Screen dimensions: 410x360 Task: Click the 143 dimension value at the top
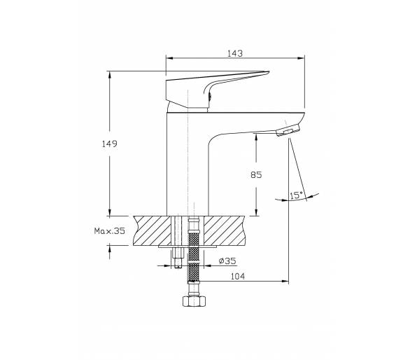[235, 53]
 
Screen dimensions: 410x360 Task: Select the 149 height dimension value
[110, 144]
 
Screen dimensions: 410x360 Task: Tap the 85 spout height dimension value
[256, 174]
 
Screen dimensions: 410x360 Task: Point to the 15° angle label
[296, 195]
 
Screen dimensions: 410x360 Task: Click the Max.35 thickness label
[110, 231]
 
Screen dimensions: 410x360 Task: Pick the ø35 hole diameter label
[227, 261]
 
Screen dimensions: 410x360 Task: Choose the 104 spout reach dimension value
[238, 276]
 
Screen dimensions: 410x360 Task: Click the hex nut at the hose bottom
[194, 301]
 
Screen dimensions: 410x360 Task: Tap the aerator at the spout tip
[288, 130]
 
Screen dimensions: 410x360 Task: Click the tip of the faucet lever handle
[268, 71]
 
